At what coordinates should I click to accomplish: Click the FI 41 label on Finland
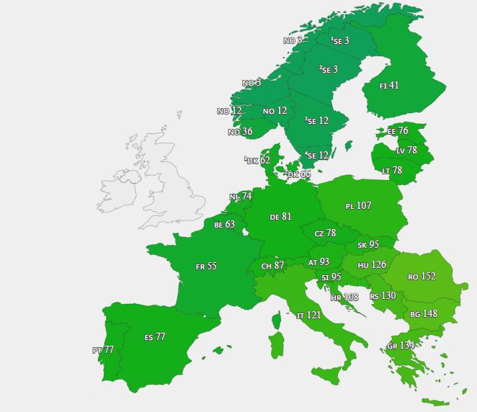point(389,86)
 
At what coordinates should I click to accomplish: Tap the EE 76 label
point(398,131)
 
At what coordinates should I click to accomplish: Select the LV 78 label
point(406,151)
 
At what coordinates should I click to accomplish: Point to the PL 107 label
point(358,206)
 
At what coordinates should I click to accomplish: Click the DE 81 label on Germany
point(280,217)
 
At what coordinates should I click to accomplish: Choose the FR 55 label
point(206,267)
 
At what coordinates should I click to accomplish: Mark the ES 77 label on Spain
point(155,337)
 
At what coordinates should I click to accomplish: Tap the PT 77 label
point(103,350)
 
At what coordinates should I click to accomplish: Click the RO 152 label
point(422,277)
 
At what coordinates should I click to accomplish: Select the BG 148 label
point(424,314)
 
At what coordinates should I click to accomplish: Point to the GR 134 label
point(401,346)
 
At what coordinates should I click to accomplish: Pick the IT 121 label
point(308,315)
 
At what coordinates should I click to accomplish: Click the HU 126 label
point(372,265)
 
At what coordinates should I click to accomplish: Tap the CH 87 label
point(272,267)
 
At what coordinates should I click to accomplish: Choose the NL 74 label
point(241,197)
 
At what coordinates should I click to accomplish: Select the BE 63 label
point(224,225)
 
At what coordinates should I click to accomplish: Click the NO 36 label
point(240,132)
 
